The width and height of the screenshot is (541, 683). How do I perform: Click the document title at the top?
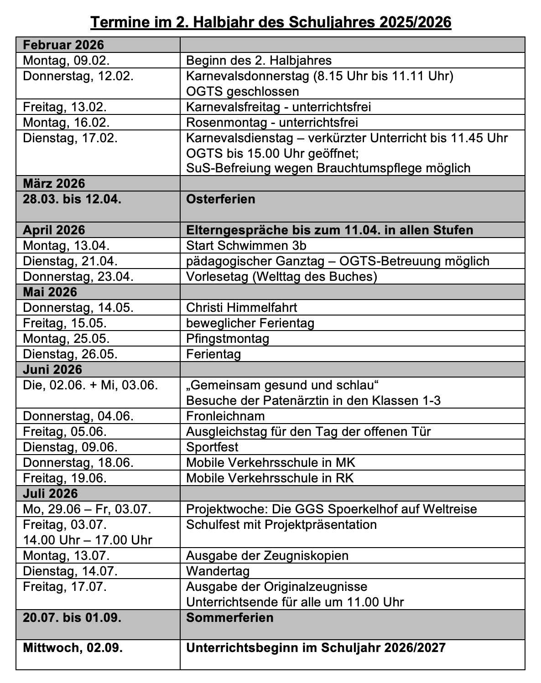click(270, 22)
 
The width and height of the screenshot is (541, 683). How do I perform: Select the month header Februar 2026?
click(63, 45)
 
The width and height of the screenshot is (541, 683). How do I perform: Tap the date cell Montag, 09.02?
click(66, 60)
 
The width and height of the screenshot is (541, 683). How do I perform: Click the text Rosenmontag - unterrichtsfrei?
click(272, 122)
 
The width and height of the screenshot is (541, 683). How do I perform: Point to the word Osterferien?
click(221, 199)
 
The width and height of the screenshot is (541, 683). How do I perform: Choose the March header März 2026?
click(54, 183)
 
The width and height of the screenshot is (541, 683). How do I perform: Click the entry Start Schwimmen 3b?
click(246, 246)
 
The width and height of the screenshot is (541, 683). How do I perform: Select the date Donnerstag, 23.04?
click(78, 277)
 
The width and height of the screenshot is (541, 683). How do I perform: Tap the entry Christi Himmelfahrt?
click(242, 308)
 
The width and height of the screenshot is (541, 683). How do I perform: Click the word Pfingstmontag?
click(228, 339)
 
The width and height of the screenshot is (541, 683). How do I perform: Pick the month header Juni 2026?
click(52, 369)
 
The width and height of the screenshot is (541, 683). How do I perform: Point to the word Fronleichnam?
click(225, 416)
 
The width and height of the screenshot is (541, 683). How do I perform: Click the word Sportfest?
click(212, 447)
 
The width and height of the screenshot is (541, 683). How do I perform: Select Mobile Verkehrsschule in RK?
click(270, 478)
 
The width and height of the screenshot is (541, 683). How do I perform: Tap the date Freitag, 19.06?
click(65, 478)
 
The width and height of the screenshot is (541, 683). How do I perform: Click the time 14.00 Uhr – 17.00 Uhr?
click(88, 540)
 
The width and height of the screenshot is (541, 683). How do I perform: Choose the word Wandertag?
click(218, 571)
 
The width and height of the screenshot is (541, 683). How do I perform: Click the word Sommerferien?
click(230, 618)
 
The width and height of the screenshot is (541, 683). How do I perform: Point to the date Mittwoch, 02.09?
click(73, 648)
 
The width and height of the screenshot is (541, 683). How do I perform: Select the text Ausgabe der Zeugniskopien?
click(267, 555)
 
